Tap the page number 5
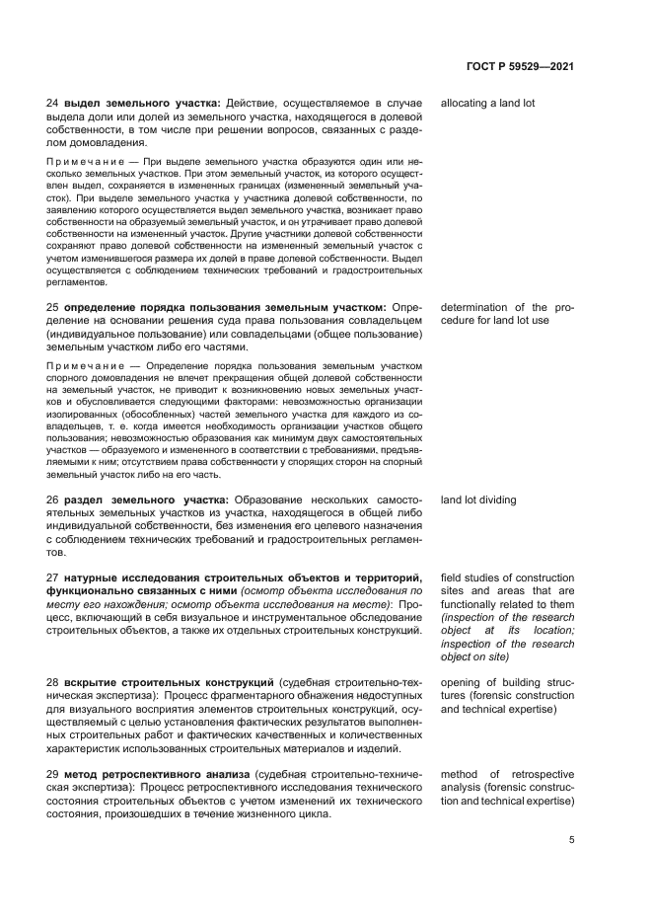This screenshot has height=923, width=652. pos(572,841)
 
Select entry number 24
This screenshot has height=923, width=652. pos(53,103)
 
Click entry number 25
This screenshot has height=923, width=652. pos(53,307)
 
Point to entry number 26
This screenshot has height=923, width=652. pos(53,500)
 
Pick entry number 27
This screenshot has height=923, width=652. pos(53,577)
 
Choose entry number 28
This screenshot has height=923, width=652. pos(53,682)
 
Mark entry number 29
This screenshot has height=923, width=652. pos(53,774)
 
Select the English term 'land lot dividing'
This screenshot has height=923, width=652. pos(478,500)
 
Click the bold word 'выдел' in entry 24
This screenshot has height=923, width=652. pos(82,103)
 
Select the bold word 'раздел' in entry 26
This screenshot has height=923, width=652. pos(87,500)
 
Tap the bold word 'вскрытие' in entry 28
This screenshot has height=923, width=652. pos(94,682)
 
